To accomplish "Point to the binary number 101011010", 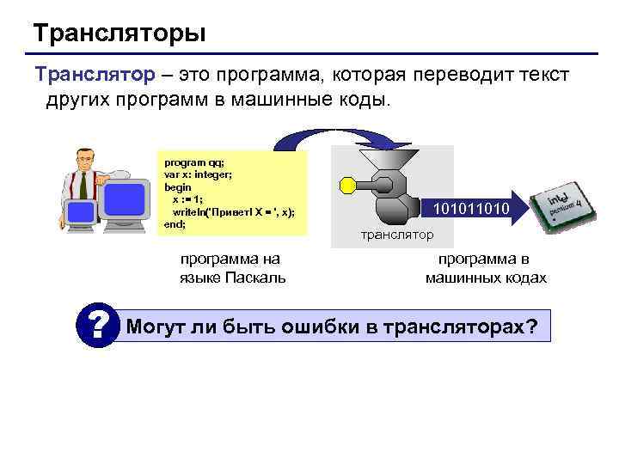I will pyautogui.click(x=471, y=209).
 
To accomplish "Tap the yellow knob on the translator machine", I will pyautogui.click(x=348, y=183).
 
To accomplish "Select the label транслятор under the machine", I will pyautogui.click(x=397, y=235).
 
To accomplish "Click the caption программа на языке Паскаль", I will pyautogui.click(x=231, y=268).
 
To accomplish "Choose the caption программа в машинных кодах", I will pyautogui.click(x=485, y=268).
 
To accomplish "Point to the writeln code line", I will pyautogui.click(x=233, y=212).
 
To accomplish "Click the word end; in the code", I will pyautogui.click(x=175, y=223).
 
